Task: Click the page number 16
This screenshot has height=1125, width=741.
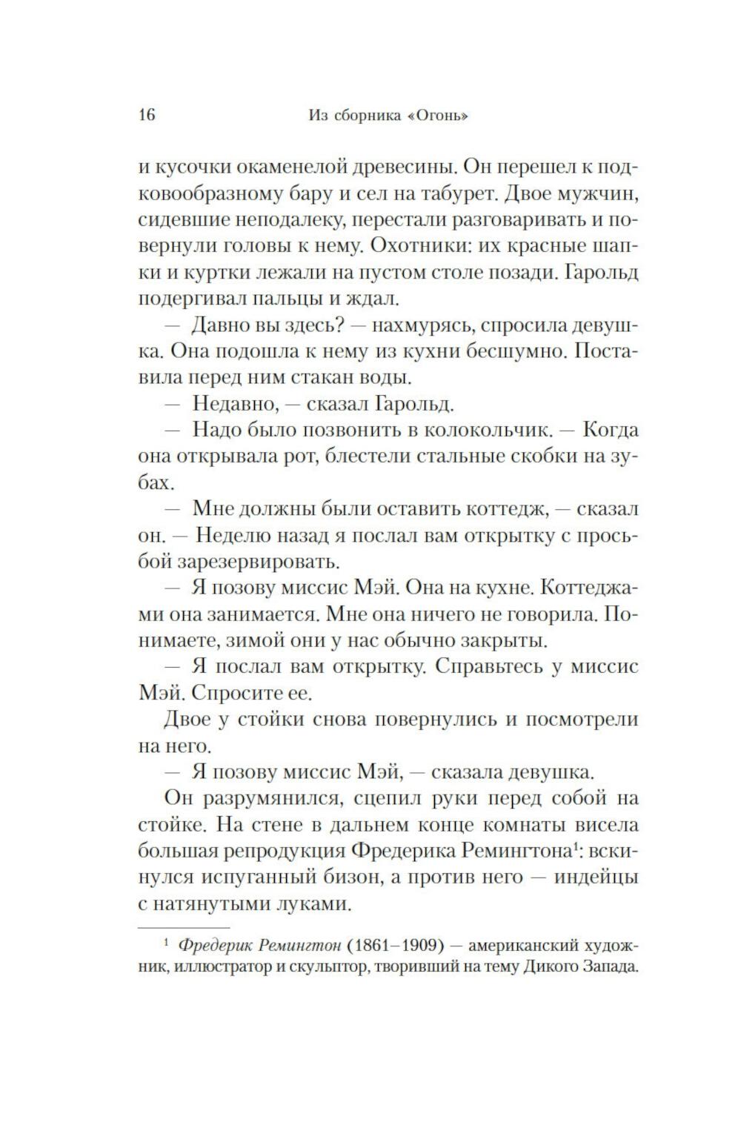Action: click(147, 115)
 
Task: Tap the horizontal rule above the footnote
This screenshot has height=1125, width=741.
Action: click(184, 926)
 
